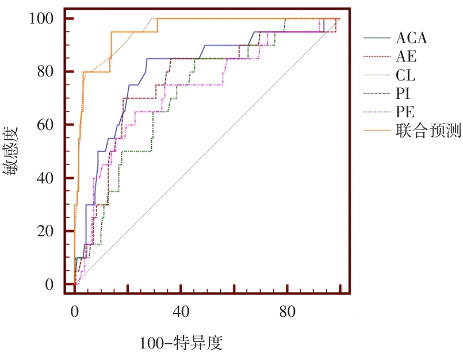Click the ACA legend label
411,39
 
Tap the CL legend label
405,75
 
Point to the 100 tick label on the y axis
43,18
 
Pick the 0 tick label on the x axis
75,311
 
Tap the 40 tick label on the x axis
181,311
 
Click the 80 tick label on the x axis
288,311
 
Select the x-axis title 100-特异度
181,343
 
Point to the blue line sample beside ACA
376,39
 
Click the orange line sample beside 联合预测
376,131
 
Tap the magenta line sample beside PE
376,112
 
